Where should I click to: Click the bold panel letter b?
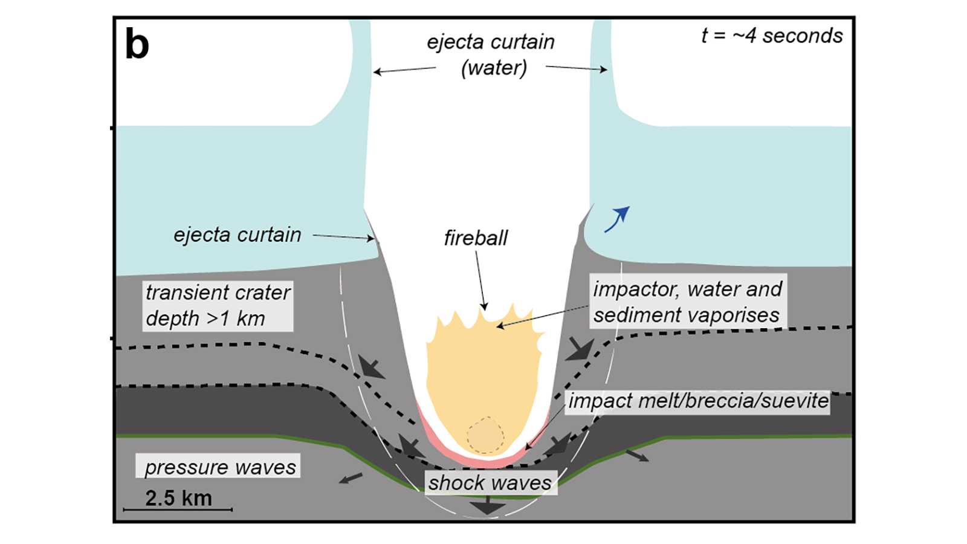[137, 44]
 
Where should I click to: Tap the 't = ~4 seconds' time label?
[772, 36]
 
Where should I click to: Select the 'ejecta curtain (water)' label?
[491, 54]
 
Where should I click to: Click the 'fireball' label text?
[476, 238]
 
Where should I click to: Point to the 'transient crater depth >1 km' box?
[218, 306]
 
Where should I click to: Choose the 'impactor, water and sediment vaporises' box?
[688, 302]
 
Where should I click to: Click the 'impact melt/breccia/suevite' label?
[698, 401]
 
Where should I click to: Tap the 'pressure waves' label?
[218, 466]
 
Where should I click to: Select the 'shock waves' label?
[490, 483]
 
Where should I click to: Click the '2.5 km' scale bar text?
[178, 498]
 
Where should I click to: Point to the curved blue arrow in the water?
[616, 219]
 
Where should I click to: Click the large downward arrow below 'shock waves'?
[488, 505]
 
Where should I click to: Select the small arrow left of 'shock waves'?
[351, 478]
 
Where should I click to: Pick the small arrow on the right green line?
[637, 456]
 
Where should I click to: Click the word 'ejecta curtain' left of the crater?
[238, 235]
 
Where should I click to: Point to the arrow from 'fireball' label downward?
[481, 280]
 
